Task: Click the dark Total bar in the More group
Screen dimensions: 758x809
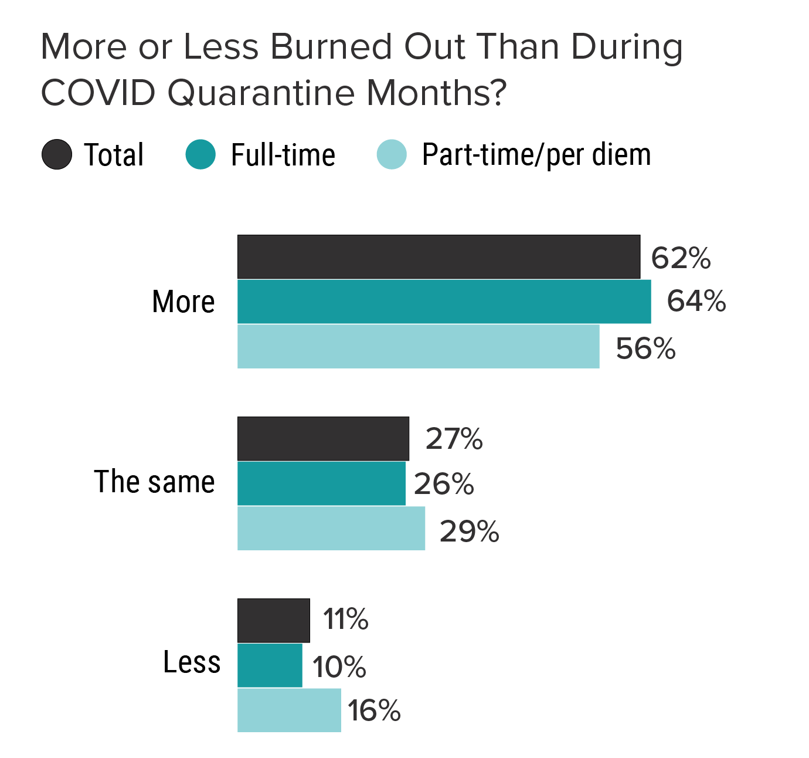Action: click(439, 257)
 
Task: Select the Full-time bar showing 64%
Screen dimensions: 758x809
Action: click(444, 302)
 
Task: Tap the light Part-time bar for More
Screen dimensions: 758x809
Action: click(418, 347)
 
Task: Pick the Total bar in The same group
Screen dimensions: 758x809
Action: click(323, 439)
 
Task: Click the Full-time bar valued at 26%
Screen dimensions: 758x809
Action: click(321, 483)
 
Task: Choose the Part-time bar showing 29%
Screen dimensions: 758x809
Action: click(331, 529)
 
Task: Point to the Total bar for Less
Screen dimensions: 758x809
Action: click(273, 621)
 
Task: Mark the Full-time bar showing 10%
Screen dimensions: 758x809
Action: click(270, 665)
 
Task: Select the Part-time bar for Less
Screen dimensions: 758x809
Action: click(289, 710)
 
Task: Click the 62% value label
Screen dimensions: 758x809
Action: click(681, 258)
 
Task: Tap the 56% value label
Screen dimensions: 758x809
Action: click(645, 348)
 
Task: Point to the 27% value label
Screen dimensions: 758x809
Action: click(454, 439)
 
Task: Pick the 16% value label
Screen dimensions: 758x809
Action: click(374, 710)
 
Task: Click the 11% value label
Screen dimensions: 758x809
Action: click(346, 620)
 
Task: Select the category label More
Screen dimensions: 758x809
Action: click(183, 302)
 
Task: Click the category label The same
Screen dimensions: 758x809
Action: click(155, 482)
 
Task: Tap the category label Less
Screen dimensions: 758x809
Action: click(192, 662)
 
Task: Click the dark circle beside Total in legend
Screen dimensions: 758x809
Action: click(57, 155)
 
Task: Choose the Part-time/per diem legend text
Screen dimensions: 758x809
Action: click(536, 155)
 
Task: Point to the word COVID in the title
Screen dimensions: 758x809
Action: click(98, 93)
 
